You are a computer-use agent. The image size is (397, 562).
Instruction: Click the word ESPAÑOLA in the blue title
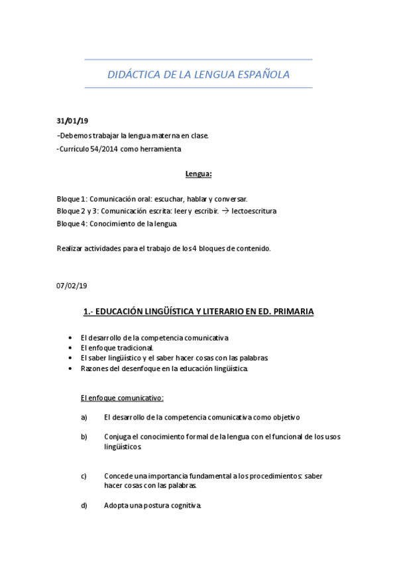coord(262,75)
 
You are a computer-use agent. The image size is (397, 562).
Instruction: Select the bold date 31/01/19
coord(72,121)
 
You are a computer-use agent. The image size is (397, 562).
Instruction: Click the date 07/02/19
coord(72,286)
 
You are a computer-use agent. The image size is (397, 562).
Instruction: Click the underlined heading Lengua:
coord(198,174)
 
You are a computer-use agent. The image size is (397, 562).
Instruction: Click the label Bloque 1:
coord(72,199)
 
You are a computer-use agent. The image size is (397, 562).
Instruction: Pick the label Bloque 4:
coord(72,223)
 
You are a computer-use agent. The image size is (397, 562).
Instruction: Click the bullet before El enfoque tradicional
coord(72,347)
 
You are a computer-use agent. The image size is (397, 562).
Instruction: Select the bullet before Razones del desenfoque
coord(72,368)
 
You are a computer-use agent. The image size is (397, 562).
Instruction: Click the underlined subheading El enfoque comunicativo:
coord(121,398)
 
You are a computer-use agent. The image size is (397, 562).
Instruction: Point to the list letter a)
coord(84,418)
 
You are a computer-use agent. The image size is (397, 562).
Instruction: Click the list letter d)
coord(84,506)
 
